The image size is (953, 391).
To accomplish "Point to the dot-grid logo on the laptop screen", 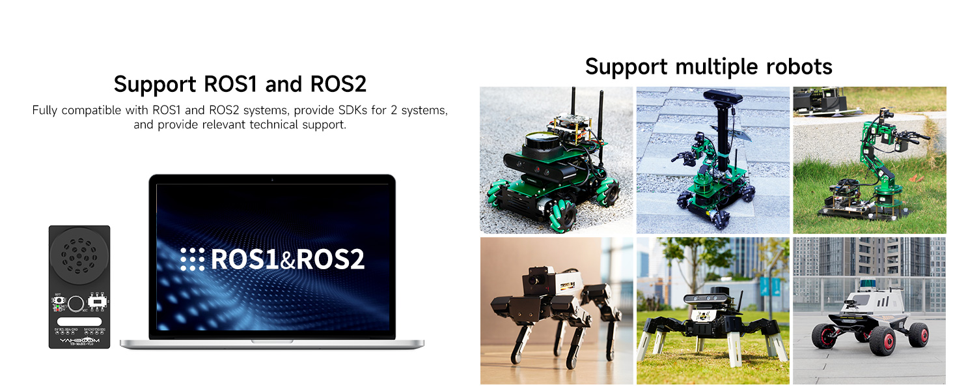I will tap(192, 259).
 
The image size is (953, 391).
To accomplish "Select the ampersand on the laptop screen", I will tap(287, 261).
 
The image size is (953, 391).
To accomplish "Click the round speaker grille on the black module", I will tap(79, 253).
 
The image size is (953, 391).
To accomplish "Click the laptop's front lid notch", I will tap(272, 341).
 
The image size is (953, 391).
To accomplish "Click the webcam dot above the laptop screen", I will tap(272, 179).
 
